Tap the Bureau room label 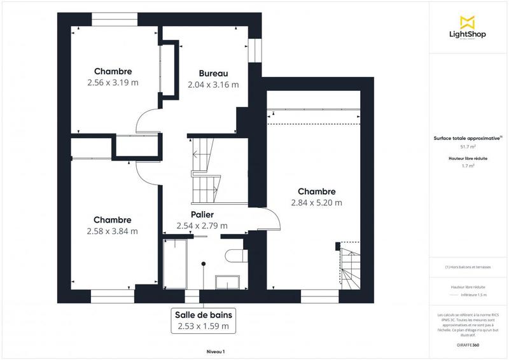(x=213, y=73)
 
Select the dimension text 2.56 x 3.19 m (x=113, y=83)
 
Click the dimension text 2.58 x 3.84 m (x=113, y=231)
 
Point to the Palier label (x=202, y=214)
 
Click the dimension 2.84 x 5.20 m (x=316, y=203)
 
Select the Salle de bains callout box (x=204, y=321)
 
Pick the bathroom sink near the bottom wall (x=227, y=281)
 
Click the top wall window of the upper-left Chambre (x=115, y=19)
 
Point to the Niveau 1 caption (x=215, y=351)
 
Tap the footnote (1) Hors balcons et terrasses (x=468, y=267)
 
